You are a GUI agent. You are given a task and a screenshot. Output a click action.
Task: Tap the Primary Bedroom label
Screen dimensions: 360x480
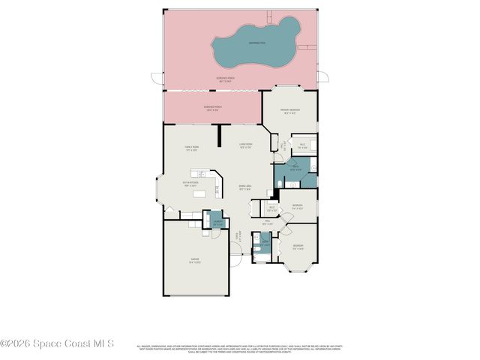289,112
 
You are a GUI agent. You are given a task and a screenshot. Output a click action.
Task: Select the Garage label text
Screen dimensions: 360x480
194,262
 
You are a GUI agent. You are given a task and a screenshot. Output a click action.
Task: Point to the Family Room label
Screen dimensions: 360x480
191,148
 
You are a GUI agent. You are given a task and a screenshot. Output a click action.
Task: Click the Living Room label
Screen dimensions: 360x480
245,146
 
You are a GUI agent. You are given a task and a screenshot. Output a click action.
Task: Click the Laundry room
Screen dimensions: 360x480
217,223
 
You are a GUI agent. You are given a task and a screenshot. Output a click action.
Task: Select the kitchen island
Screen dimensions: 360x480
199,194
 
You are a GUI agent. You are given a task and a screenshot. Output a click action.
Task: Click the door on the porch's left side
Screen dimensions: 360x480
156,77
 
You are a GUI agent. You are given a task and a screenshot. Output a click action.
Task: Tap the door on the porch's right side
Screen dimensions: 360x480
322,76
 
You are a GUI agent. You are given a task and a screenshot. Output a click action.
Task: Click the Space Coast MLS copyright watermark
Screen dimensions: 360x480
56,343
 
